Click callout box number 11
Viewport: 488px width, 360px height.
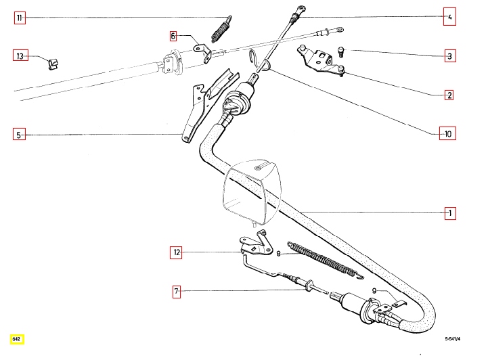point(20,19)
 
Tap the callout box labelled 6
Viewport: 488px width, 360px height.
point(173,35)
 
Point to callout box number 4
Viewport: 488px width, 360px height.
point(449,18)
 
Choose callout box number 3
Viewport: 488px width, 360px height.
point(449,56)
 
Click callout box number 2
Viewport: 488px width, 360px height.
point(449,95)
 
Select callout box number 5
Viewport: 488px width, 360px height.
point(20,135)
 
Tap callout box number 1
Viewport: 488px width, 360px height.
point(449,214)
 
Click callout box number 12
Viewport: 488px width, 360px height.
point(176,253)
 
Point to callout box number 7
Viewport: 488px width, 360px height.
point(176,292)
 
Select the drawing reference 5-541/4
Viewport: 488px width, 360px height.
point(457,338)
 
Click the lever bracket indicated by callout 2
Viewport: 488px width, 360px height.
point(318,60)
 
